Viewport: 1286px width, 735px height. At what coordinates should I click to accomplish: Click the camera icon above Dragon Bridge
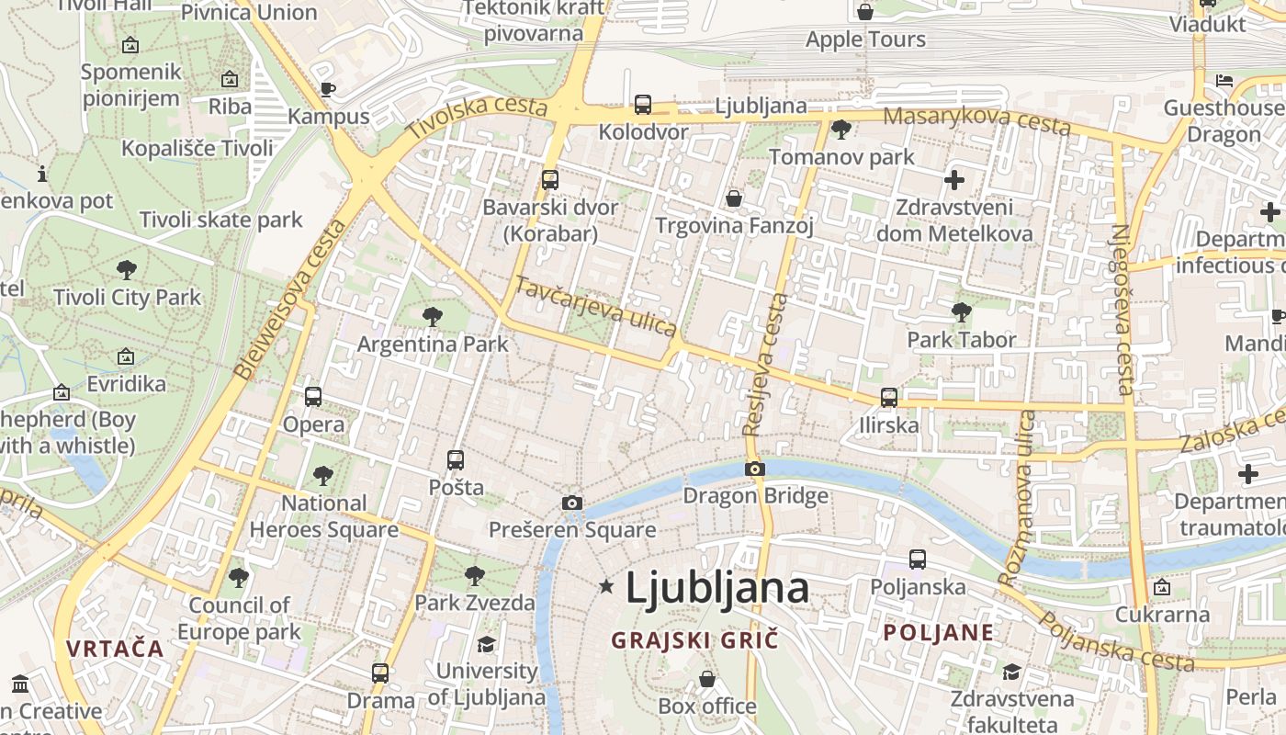tap(754, 469)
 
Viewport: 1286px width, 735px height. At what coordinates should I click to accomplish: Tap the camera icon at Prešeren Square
tap(571, 503)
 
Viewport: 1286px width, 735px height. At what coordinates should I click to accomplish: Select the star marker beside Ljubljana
tap(606, 586)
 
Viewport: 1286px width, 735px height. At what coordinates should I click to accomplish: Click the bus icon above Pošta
tap(456, 459)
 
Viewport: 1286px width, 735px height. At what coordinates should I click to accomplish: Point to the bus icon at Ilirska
tap(888, 398)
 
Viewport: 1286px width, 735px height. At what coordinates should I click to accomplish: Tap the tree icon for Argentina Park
tap(432, 317)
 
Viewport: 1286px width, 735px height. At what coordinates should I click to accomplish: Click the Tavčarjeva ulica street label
tap(595, 306)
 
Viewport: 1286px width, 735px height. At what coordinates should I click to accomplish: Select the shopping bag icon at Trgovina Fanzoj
tap(734, 198)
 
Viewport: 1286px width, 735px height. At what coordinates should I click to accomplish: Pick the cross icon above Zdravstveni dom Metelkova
tap(954, 179)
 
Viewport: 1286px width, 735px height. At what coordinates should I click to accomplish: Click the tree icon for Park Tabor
tap(961, 312)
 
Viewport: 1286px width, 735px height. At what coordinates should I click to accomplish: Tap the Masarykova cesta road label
tap(976, 119)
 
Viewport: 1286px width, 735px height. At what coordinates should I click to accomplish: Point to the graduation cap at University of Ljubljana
tap(486, 644)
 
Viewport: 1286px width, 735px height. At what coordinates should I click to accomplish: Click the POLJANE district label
tap(938, 632)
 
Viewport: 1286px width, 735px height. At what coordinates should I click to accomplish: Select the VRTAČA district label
tap(115, 649)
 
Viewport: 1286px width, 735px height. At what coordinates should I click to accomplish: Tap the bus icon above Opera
tap(313, 397)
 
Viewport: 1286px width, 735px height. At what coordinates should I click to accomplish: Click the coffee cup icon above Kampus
tap(328, 89)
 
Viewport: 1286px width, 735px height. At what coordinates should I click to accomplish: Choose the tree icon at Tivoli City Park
tap(127, 270)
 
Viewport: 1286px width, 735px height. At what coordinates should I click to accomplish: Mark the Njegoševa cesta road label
tap(1122, 310)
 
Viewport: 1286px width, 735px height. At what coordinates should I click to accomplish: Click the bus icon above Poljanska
tap(917, 559)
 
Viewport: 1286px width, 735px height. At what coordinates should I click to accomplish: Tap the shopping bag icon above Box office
tap(706, 679)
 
